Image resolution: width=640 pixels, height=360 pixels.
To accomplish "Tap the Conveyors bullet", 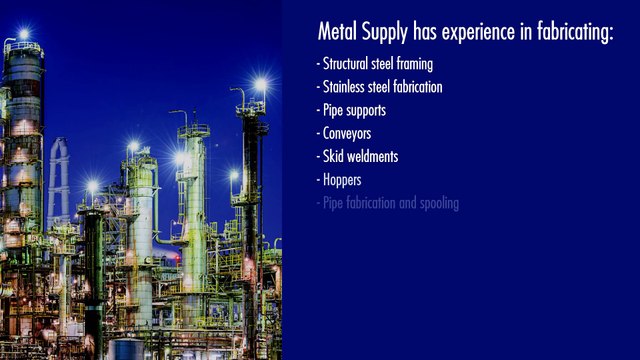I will coord(346,133).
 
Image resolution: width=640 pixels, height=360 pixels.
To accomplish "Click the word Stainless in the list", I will coord(346,87).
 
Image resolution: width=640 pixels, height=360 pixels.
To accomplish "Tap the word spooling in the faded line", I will coord(437,204).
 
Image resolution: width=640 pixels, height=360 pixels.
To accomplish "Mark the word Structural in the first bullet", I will coord(346,63).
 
